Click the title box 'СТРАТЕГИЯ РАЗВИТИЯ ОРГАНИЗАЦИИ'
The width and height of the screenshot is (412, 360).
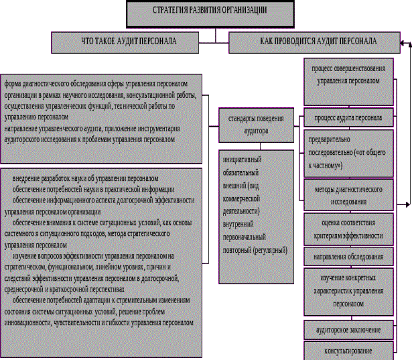tap(205, 11)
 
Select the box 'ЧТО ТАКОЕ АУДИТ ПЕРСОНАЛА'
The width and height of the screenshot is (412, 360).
tap(129, 42)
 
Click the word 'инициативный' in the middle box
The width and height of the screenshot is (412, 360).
tap(241, 160)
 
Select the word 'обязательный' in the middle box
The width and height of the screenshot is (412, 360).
tap(241, 173)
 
